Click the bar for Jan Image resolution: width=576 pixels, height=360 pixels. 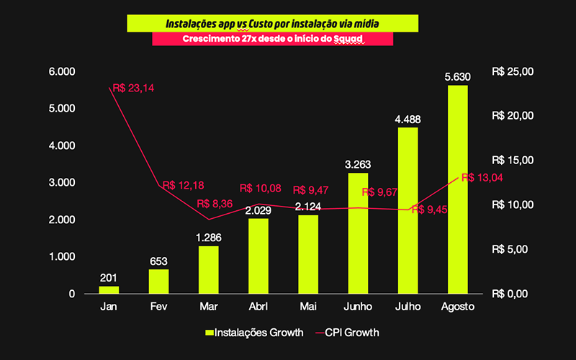click(x=109, y=289)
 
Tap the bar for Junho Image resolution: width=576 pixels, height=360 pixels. click(x=358, y=233)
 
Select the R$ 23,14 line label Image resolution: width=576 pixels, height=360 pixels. click(x=135, y=89)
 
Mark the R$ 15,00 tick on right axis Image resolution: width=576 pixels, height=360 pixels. click(x=512, y=161)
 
